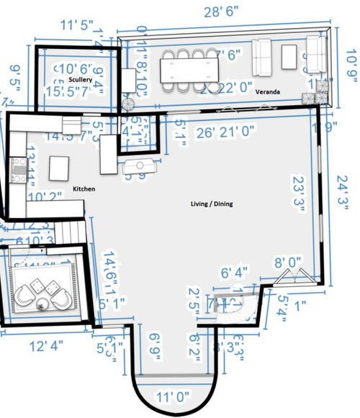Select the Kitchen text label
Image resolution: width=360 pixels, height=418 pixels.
pyautogui.click(x=84, y=188)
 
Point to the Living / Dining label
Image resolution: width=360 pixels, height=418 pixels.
pyautogui.click(x=205, y=204)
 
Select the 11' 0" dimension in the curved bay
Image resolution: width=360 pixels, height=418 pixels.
pyautogui.click(x=169, y=396)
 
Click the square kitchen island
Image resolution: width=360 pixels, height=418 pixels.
pyautogui.click(x=58, y=168)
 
